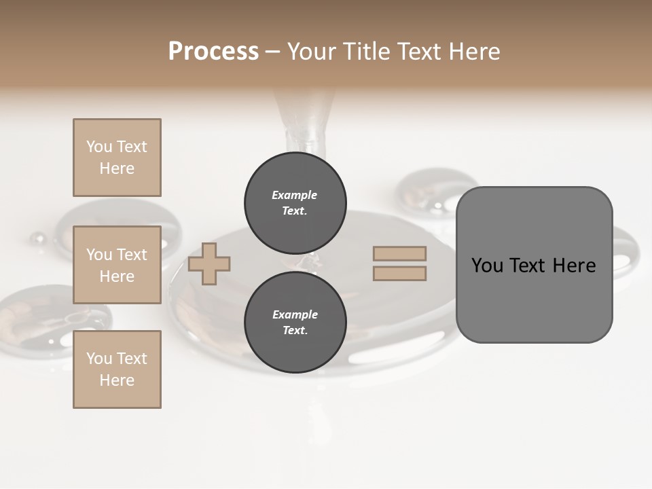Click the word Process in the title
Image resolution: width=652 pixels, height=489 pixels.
coord(213,52)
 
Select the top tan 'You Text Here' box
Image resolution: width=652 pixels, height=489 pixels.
coord(117,158)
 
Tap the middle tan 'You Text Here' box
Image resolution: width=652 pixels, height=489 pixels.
coord(117,265)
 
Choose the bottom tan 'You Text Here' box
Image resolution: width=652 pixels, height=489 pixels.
coord(117,369)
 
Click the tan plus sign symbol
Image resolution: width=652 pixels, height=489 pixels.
coord(209,264)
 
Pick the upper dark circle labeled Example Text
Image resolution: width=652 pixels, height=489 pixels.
coord(295,203)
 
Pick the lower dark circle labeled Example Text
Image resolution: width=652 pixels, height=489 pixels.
coord(295,323)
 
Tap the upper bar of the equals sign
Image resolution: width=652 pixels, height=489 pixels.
coord(400,253)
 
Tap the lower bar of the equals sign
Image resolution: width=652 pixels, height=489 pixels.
coord(400,273)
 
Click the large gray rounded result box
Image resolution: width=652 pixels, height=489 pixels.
coord(534,299)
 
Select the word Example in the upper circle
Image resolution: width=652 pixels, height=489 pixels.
coord(295,195)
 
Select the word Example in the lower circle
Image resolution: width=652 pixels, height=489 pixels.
coord(295,314)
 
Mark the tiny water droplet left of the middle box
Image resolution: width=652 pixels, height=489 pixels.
coord(38,238)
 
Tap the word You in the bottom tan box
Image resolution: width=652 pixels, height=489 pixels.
coord(98,359)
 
